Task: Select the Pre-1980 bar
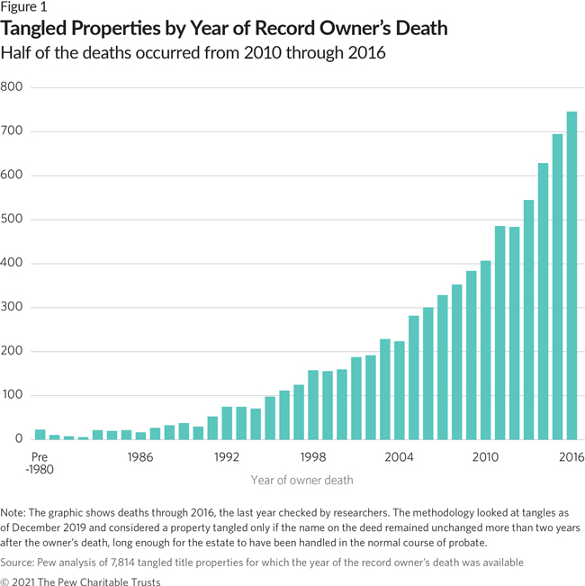(x=40, y=435)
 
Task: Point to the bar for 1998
(x=313, y=405)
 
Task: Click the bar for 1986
(x=140, y=436)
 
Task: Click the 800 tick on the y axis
(x=12, y=87)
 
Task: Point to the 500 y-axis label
(x=12, y=220)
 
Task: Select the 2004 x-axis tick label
(x=399, y=457)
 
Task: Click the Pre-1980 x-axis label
(x=40, y=463)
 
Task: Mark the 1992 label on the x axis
(x=227, y=457)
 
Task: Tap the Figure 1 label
(x=24, y=9)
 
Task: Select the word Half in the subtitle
(x=18, y=54)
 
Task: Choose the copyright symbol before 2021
(x=6, y=581)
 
